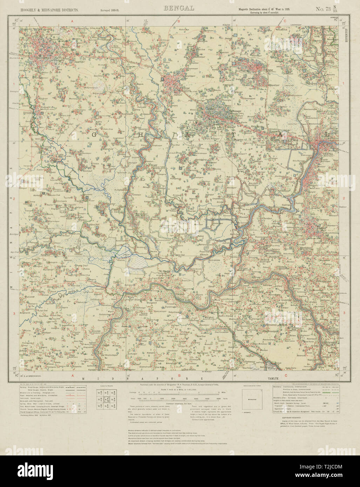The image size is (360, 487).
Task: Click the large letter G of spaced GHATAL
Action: click(x=94, y=134)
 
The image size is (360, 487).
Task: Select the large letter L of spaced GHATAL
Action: click(x=328, y=134)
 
